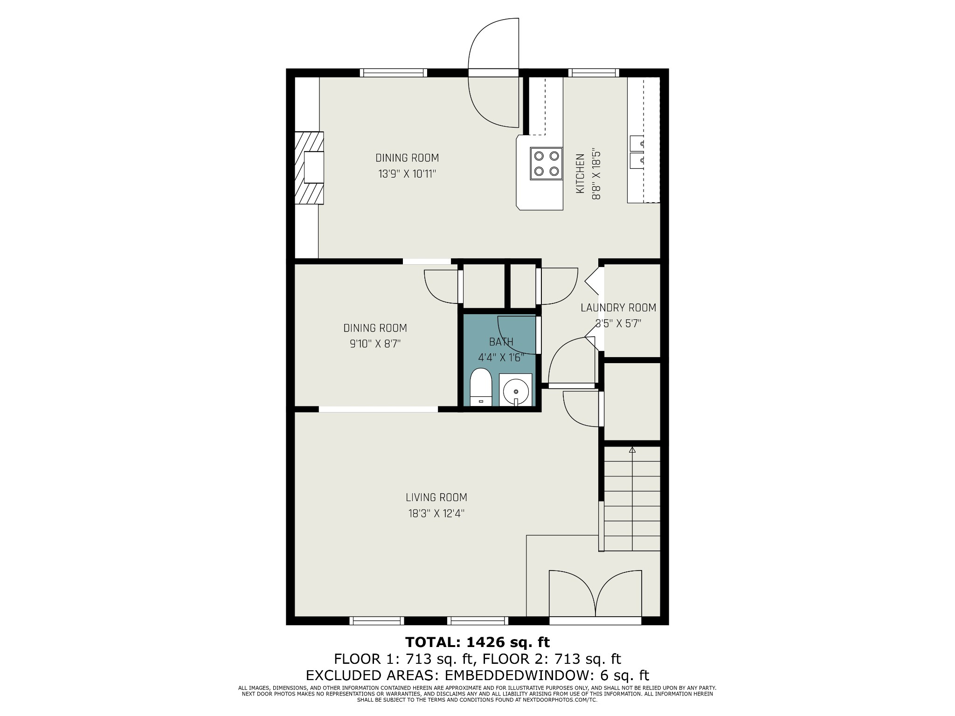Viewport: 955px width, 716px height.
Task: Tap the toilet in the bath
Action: (481, 387)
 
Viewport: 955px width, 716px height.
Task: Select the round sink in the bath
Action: (516, 390)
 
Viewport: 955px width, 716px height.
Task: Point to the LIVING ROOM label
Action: (436, 497)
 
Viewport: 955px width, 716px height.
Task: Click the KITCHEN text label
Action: (580, 173)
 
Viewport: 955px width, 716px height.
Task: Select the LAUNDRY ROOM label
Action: (618, 308)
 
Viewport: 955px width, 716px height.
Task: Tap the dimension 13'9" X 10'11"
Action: (407, 174)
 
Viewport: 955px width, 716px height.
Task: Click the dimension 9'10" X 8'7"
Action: (375, 344)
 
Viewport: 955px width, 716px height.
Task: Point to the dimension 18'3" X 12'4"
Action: (436, 514)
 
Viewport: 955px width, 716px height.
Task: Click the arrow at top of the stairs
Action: (632, 450)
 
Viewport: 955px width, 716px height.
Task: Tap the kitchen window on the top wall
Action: (594, 73)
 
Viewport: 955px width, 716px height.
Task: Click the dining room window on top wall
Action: (394, 73)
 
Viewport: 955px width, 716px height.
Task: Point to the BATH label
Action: (501, 342)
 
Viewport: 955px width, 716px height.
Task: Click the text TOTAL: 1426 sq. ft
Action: (477, 642)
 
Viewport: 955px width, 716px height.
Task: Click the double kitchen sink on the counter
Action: (637, 152)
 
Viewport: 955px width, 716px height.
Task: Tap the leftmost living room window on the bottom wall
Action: (377, 620)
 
